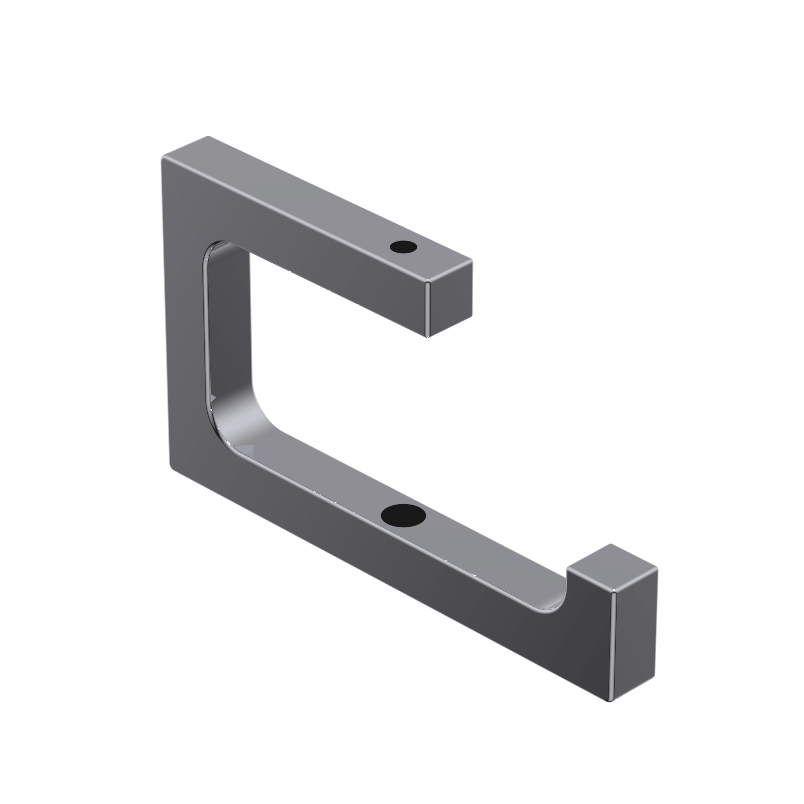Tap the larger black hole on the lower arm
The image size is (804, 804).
(x=403, y=515)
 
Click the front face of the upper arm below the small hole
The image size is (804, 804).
(x=363, y=281)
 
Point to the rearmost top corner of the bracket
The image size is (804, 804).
(x=208, y=137)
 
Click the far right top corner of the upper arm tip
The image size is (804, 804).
(x=472, y=261)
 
